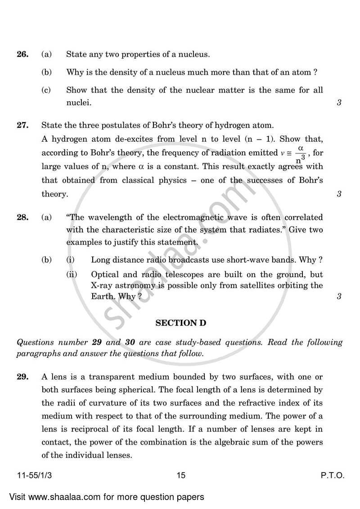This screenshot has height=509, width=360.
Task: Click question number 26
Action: [x=22, y=55]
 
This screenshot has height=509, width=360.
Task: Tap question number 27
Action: [x=22, y=125]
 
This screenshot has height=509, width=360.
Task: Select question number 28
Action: [x=22, y=217]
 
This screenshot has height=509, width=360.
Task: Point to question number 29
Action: [x=22, y=376]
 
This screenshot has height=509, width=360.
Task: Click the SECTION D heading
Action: [x=180, y=323]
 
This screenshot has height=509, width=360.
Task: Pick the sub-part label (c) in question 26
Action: [x=46, y=90]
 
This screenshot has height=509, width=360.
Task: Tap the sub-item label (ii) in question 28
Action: [x=72, y=275]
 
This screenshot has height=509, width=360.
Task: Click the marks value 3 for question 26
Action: [x=339, y=103]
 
